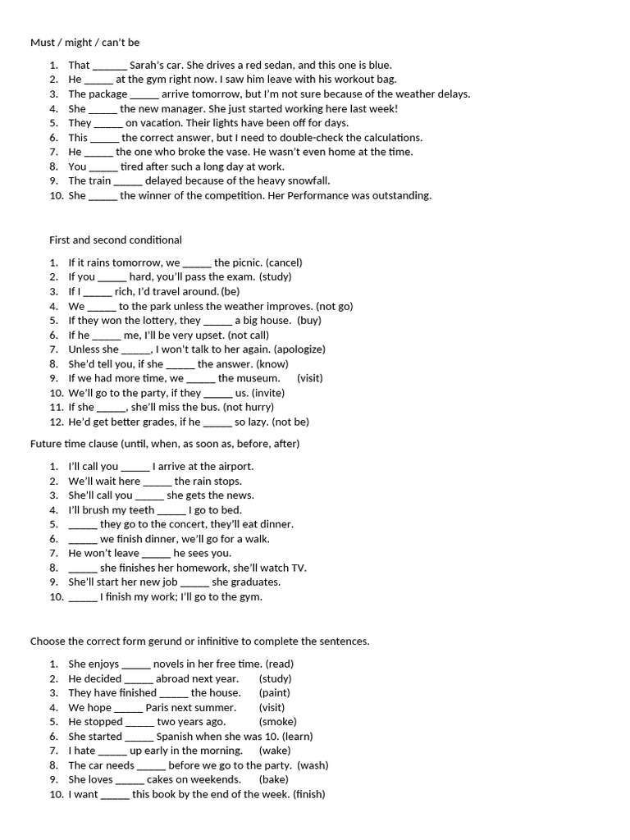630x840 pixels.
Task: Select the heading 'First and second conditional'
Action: pos(116,240)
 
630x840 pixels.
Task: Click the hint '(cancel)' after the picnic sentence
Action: pos(284,262)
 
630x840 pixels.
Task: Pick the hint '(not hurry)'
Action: pos(248,407)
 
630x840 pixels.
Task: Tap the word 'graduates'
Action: pos(254,582)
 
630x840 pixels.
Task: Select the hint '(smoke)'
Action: pos(277,722)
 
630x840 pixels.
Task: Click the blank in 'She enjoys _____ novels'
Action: pos(136,664)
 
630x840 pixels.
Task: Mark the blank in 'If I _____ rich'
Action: pos(98,292)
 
